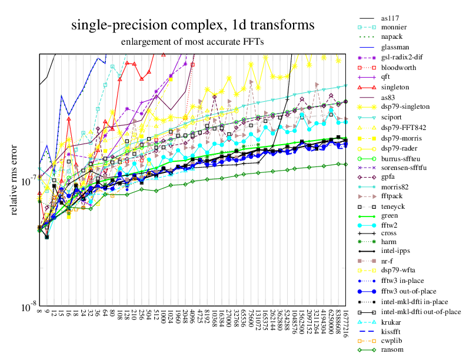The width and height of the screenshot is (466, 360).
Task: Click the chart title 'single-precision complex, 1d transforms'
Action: click(x=192, y=25)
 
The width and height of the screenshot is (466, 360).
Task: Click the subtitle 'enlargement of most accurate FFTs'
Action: click(x=192, y=42)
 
